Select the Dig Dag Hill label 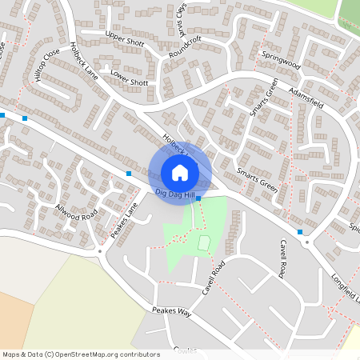point(174,194)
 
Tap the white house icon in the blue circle point(180,172)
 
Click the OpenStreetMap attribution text point(82,354)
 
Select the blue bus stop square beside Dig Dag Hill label point(198,198)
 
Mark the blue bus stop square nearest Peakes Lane point(129,174)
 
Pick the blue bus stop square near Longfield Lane point(300,232)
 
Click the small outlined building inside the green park point(203,242)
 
